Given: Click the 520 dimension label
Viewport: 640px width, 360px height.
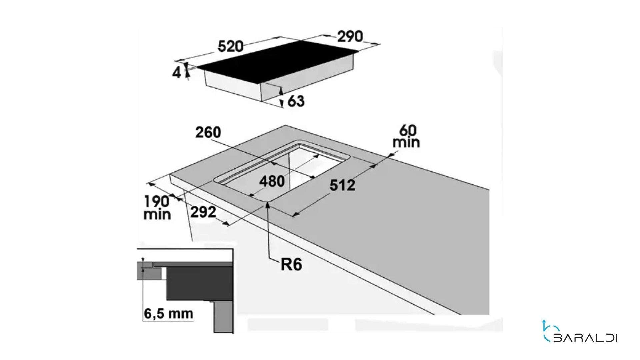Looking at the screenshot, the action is tap(231, 46).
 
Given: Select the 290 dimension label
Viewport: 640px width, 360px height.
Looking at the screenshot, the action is tap(350, 36).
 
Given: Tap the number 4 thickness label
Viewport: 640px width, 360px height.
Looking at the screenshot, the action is tap(176, 72).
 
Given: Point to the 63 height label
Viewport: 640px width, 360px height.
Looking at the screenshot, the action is tap(296, 101).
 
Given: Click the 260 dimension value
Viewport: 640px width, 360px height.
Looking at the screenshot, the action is tap(208, 133).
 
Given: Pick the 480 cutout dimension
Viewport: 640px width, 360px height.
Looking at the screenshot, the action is tap(272, 181).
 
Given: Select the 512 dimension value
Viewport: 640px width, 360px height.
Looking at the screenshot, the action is tap(342, 185).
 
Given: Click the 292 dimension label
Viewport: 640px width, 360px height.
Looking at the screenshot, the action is tap(203, 212).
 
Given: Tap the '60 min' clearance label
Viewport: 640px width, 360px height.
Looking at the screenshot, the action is tap(406, 136).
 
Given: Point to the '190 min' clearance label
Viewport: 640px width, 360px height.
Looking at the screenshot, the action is tap(157, 208).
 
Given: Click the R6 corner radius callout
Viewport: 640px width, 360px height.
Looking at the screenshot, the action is tap(292, 265).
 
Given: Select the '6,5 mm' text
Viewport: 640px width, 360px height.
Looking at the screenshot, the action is tap(168, 313).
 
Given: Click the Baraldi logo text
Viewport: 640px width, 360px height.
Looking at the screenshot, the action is tap(585, 338).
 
